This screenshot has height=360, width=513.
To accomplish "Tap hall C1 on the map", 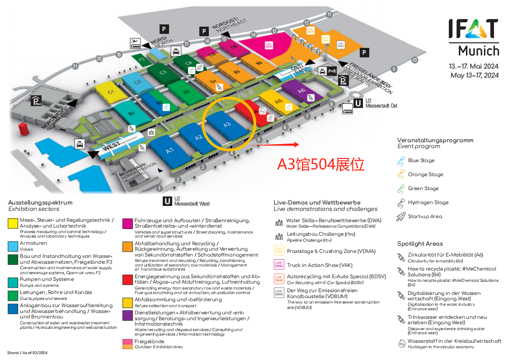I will tap(110, 92).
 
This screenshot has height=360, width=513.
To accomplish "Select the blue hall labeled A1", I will tap(169, 150).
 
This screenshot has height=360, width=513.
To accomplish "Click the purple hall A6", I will tap(302, 90).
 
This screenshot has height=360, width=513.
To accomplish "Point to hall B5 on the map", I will tap(236, 71).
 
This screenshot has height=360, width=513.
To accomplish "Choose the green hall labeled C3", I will tap(163, 71).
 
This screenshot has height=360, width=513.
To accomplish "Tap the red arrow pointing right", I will tap(280, 145).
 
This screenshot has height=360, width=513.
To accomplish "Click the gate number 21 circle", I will tap(75, 66).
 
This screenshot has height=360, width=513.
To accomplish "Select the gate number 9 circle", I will tap(394, 69).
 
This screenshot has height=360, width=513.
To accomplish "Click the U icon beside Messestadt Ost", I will tap(358, 103).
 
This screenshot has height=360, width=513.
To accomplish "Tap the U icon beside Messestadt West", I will tap(167, 201).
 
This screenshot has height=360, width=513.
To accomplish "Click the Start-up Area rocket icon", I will tap(400, 216).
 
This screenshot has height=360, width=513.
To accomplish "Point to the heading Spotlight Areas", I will tap(420, 243).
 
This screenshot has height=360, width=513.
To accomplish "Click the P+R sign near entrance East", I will tap(332, 71).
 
